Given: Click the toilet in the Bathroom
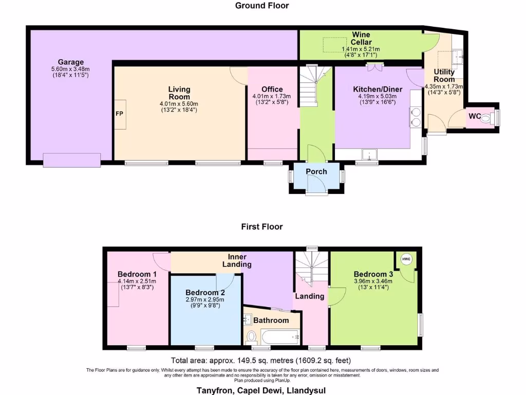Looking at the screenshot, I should (252, 337).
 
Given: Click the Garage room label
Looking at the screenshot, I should (70, 62).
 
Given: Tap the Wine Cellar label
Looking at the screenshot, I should (361, 38).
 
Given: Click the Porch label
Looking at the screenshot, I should (316, 171).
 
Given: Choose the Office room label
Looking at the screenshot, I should (272, 89).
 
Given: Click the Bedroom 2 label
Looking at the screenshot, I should (205, 292).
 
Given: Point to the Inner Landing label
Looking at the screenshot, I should (237, 260).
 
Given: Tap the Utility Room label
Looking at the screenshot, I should (444, 76).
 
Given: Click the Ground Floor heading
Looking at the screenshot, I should (262, 6).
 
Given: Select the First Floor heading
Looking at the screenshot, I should (262, 226).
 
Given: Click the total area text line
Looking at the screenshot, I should (261, 361).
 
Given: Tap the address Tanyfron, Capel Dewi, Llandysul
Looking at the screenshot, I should (261, 390).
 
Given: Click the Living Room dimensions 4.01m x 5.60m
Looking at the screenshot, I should (179, 103).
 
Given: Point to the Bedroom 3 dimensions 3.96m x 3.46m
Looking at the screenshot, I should (373, 281).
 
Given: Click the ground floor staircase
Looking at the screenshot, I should (312, 87).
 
